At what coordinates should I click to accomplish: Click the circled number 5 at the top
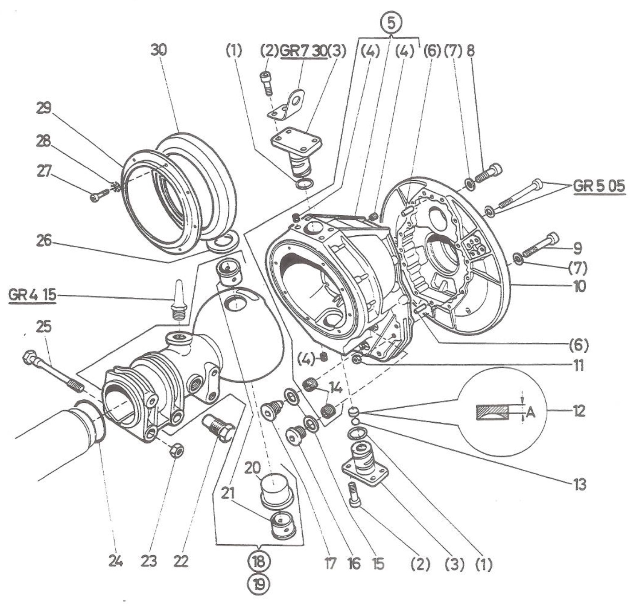pyautogui.click(x=392, y=22)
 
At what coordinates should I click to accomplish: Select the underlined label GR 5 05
pyautogui.click(x=599, y=186)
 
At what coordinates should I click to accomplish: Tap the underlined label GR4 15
pyautogui.click(x=32, y=295)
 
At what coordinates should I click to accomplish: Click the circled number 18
pyautogui.click(x=259, y=561)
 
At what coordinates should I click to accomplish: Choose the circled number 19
pyautogui.click(x=259, y=585)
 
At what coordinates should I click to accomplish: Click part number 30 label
pyautogui.click(x=159, y=50)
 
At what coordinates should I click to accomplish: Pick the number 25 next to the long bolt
pyautogui.click(x=43, y=326)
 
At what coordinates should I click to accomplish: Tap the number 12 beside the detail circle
pyautogui.click(x=579, y=411)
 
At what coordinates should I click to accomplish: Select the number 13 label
pyautogui.click(x=579, y=484)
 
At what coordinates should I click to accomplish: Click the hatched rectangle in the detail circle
pyautogui.click(x=492, y=412)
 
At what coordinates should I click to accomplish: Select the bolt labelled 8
pyautogui.click(x=488, y=173)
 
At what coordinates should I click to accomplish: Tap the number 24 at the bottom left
pyautogui.click(x=115, y=561)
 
